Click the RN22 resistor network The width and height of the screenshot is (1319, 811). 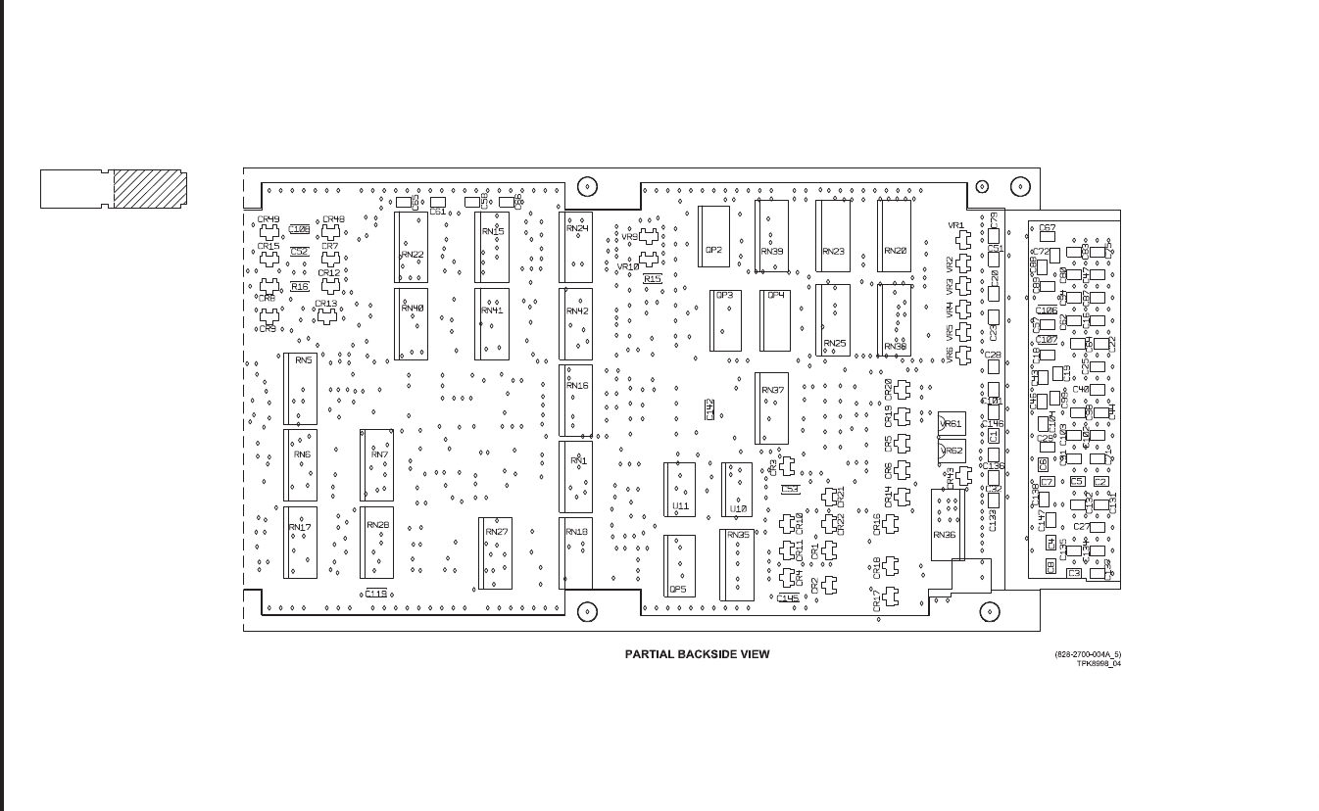click(411, 247)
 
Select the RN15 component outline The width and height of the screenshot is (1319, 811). click(492, 247)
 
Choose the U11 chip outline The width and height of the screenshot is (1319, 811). click(680, 489)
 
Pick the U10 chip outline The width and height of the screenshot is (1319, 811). click(737, 489)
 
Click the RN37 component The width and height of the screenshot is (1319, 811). click(771, 407)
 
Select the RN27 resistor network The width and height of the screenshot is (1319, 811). click(495, 552)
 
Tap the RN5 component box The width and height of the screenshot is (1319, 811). click(301, 389)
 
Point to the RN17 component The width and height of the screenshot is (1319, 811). click(301, 542)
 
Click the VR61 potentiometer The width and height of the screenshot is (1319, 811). click(951, 423)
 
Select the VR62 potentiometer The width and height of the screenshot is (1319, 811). click(951, 451)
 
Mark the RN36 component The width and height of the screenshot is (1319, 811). click(946, 524)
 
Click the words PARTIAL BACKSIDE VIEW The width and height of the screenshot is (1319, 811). click(697, 654)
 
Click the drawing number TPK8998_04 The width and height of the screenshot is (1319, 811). click(1098, 663)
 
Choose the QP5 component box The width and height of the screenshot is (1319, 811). click(679, 566)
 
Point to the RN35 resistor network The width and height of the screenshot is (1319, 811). click(737, 564)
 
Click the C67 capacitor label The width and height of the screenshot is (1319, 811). click(1047, 227)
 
